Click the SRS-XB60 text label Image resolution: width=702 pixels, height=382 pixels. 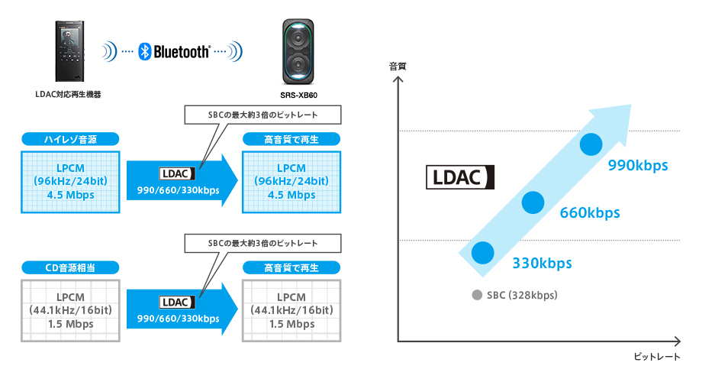[298, 95]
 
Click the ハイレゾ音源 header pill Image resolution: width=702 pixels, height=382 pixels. [69, 139]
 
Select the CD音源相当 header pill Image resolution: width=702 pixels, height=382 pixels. [69, 267]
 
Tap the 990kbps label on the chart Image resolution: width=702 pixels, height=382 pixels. [638, 165]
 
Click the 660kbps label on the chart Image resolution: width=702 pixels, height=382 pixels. [590, 212]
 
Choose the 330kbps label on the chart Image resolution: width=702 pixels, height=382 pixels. [542, 264]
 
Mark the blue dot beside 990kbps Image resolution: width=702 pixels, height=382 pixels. [592, 144]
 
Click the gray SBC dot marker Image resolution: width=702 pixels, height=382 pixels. [477, 295]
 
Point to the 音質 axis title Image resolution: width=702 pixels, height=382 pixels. [398, 66]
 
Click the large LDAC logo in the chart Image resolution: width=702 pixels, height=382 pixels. [460, 177]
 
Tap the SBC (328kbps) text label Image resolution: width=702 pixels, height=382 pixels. [522, 295]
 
